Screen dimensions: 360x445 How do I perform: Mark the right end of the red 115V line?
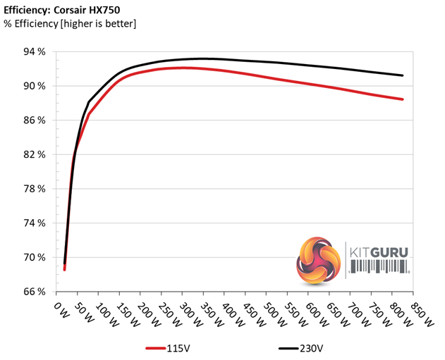tap(403, 99)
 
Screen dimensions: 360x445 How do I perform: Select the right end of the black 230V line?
tap(403, 75)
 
